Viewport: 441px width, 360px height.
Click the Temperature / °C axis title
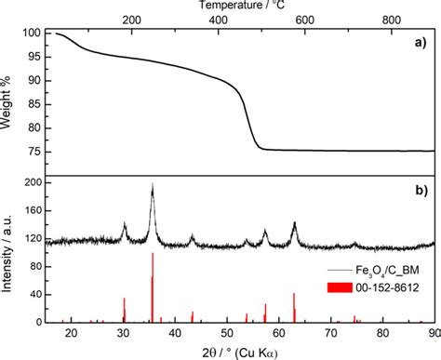click(242, 6)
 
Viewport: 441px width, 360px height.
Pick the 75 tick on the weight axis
click(34, 151)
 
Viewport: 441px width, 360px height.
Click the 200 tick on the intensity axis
click(32, 184)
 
